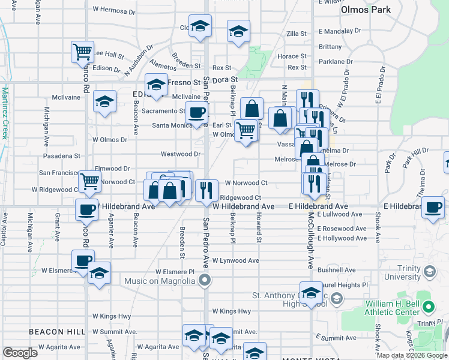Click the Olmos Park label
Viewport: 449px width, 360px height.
(x=366, y=10)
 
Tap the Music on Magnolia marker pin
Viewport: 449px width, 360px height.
(x=205, y=280)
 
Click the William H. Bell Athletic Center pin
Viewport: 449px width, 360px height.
(x=427, y=307)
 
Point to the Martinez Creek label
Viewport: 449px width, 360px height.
(x=5, y=113)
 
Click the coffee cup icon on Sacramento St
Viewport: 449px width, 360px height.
(x=196, y=112)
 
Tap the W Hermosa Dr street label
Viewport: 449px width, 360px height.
(x=118, y=10)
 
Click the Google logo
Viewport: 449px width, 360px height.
(x=20, y=353)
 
